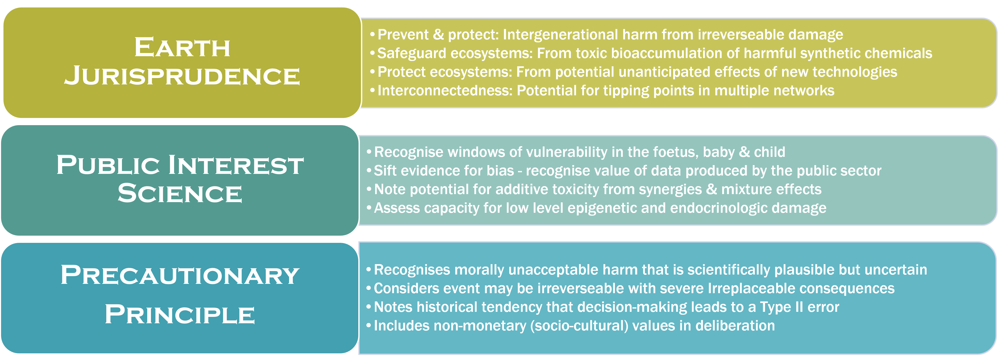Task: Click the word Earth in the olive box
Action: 182,48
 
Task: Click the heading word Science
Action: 180,193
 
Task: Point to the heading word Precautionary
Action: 180,275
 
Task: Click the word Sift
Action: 385,171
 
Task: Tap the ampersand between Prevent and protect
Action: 438,35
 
